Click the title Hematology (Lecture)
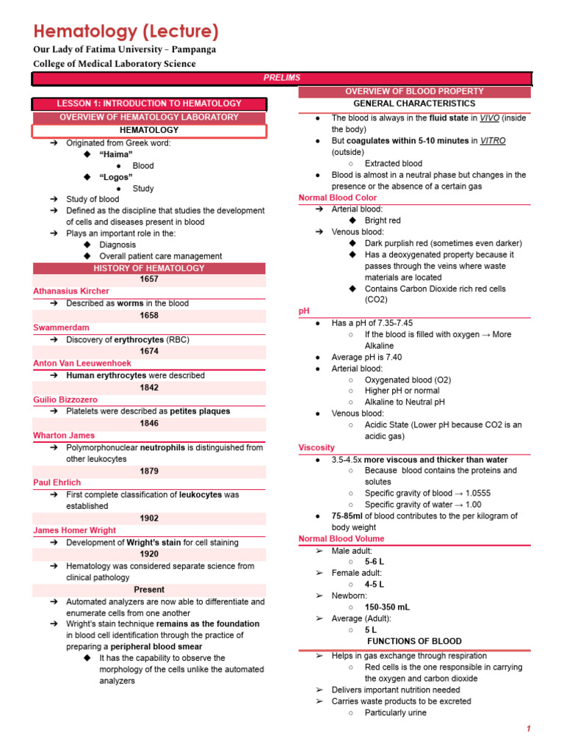click(126, 32)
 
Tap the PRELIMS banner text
click(282, 78)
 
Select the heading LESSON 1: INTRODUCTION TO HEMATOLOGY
click(148, 104)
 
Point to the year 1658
click(148, 316)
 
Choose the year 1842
click(148, 388)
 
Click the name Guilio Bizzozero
click(65, 399)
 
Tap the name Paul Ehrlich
click(57, 483)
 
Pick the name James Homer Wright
click(74, 530)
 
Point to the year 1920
click(148, 554)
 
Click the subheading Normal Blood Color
click(337, 198)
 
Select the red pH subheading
click(304, 311)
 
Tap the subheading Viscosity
click(317, 447)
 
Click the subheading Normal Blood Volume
click(341, 539)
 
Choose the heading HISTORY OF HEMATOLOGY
click(148, 268)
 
